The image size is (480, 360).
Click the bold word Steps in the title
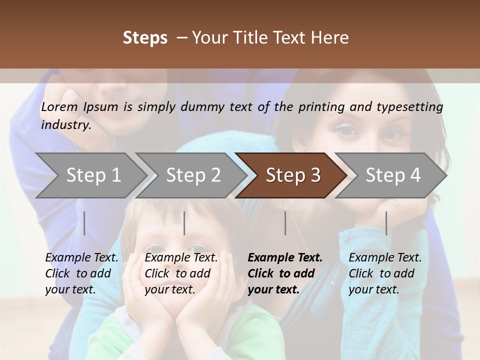click(x=145, y=38)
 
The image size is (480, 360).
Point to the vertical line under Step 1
click(x=84, y=223)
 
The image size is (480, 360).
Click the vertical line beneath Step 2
click(x=184, y=223)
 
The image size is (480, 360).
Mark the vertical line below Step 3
click(x=285, y=223)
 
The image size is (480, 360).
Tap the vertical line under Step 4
click(x=386, y=223)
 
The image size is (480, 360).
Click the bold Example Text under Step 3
click(x=285, y=258)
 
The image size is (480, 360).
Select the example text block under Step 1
click(x=81, y=273)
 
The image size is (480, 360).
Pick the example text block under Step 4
click(x=385, y=273)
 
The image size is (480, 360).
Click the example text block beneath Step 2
click(x=181, y=273)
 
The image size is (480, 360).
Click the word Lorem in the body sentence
click(x=59, y=107)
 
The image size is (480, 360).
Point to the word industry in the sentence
click(x=66, y=124)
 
